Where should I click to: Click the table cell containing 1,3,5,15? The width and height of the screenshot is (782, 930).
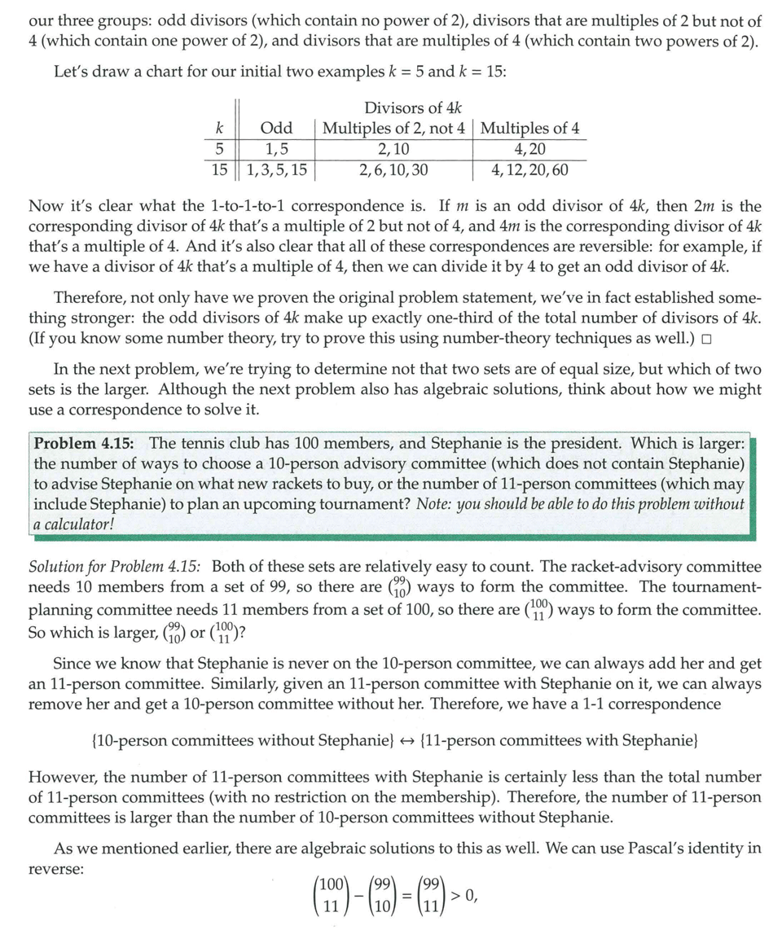pyautogui.click(x=276, y=170)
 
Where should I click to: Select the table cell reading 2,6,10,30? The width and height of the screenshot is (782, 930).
pyautogui.click(x=393, y=170)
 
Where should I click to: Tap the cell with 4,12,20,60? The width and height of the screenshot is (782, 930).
pyautogui.click(x=530, y=170)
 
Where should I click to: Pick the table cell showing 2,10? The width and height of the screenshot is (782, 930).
pyautogui.click(x=394, y=149)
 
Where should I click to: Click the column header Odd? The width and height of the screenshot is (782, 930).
pyautogui.click(x=276, y=129)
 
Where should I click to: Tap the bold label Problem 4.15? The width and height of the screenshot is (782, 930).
pyautogui.click(x=85, y=444)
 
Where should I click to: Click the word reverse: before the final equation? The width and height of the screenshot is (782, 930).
pyautogui.click(x=55, y=869)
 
